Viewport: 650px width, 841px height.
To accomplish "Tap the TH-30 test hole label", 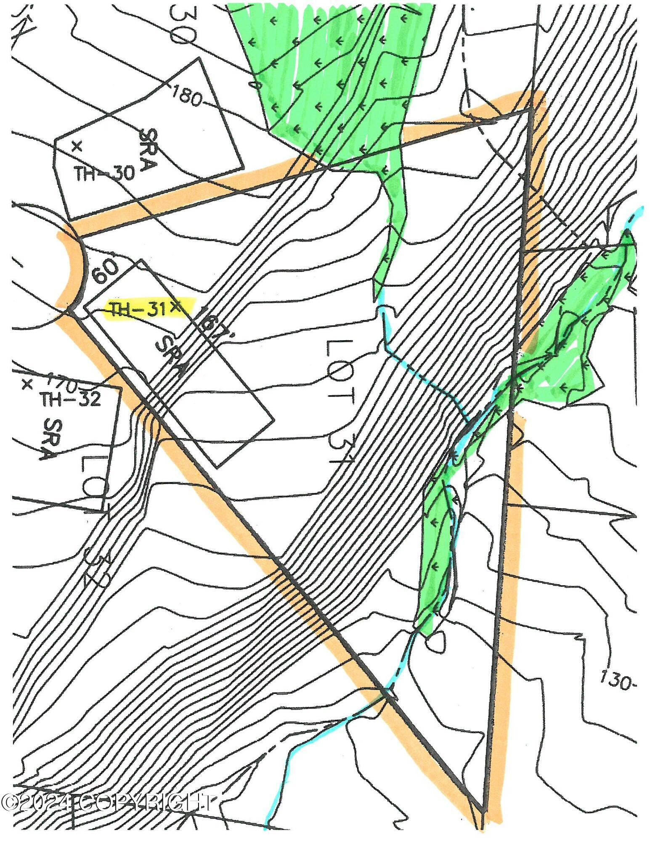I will tap(105, 173).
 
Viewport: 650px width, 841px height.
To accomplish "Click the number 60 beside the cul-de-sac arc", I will tap(105, 273).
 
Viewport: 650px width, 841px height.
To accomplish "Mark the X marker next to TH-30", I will tap(76, 146).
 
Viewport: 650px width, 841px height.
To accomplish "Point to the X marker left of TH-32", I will tap(27, 384).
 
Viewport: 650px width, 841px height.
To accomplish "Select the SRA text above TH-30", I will tap(147, 150).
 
